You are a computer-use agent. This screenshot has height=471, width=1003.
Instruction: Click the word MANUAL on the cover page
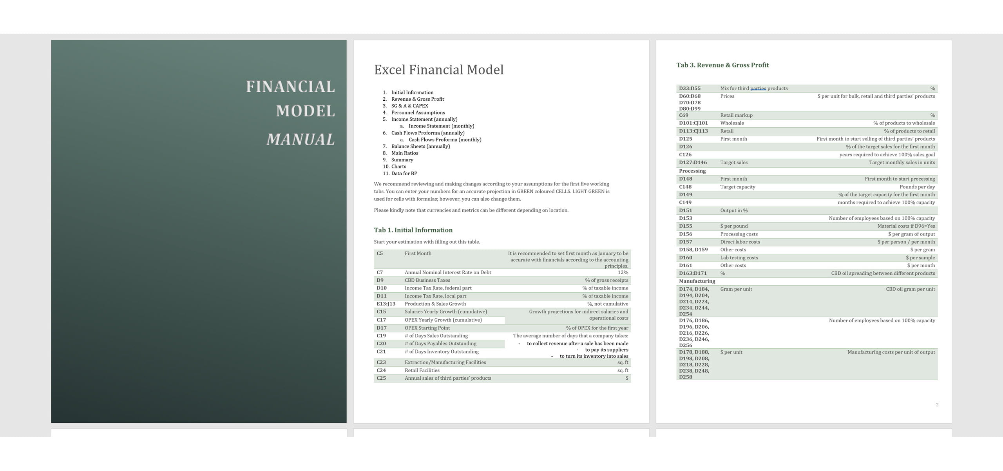[x=301, y=139]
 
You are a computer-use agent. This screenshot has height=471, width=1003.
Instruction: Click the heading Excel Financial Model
[x=438, y=70]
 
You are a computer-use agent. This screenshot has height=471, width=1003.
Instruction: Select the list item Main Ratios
[x=404, y=153]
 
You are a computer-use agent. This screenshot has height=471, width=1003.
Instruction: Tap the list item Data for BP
[x=404, y=174]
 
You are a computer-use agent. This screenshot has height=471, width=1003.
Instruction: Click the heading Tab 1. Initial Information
[x=413, y=230]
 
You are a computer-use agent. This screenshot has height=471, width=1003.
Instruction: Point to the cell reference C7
[x=380, y=272]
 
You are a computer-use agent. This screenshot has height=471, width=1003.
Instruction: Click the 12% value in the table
[x=623, y=272]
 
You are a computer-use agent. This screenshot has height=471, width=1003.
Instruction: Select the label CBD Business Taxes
[x=427, y=280]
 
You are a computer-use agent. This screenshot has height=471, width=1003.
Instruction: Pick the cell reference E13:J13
[x=386, y=304]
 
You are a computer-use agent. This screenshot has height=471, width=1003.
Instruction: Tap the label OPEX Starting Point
[x=427, y=328]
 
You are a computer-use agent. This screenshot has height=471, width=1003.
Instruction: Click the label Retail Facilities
[x=422, y=370]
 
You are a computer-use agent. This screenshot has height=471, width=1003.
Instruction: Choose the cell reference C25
[x=381, y=378]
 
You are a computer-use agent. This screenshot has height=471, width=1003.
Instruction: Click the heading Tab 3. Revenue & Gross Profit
[x=722, y=65]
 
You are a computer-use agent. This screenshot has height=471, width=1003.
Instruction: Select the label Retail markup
[x=736, y=115]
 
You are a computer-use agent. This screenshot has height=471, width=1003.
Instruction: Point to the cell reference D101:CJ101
[x=693, y=123]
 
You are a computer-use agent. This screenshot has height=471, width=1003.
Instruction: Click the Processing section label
[x=692, y=171]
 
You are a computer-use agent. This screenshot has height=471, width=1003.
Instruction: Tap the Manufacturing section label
[x=697, y=281]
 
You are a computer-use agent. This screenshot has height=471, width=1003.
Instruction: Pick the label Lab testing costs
[x=739, y=257]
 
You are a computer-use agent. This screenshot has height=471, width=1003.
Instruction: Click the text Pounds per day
[x=917, y=187]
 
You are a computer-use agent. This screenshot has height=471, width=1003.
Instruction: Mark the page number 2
[x=937, y=405]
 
